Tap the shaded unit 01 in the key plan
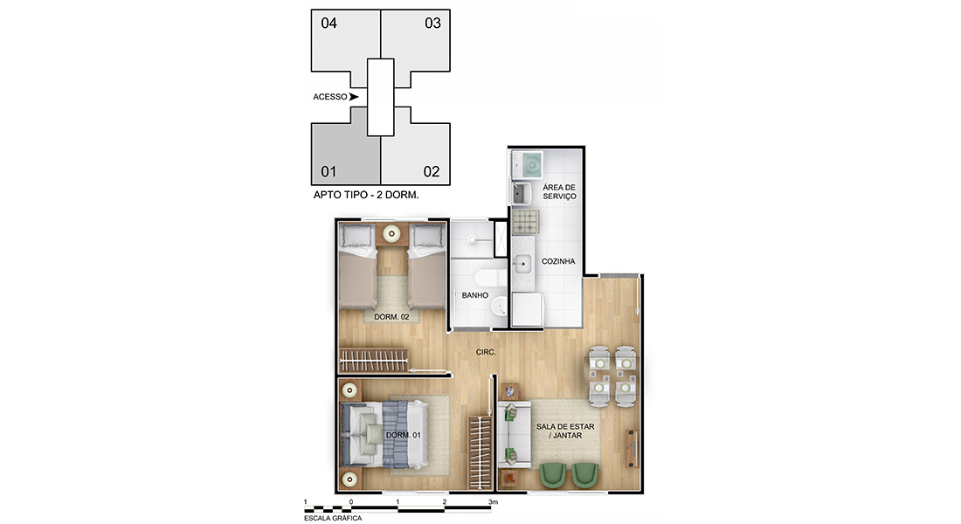(343, 150)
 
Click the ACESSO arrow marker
(354, 97)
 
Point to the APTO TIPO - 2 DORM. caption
(366, 195)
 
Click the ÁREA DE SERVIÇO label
(559, 192)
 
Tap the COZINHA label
(558, 261)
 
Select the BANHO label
(475, 295)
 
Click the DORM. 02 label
(391, 317)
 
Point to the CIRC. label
(486, 353)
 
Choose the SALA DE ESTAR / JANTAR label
(565, 431)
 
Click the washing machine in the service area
(528, 165)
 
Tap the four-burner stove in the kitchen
(525, 222)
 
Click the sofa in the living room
(514, 434)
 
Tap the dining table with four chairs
(612, 377)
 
